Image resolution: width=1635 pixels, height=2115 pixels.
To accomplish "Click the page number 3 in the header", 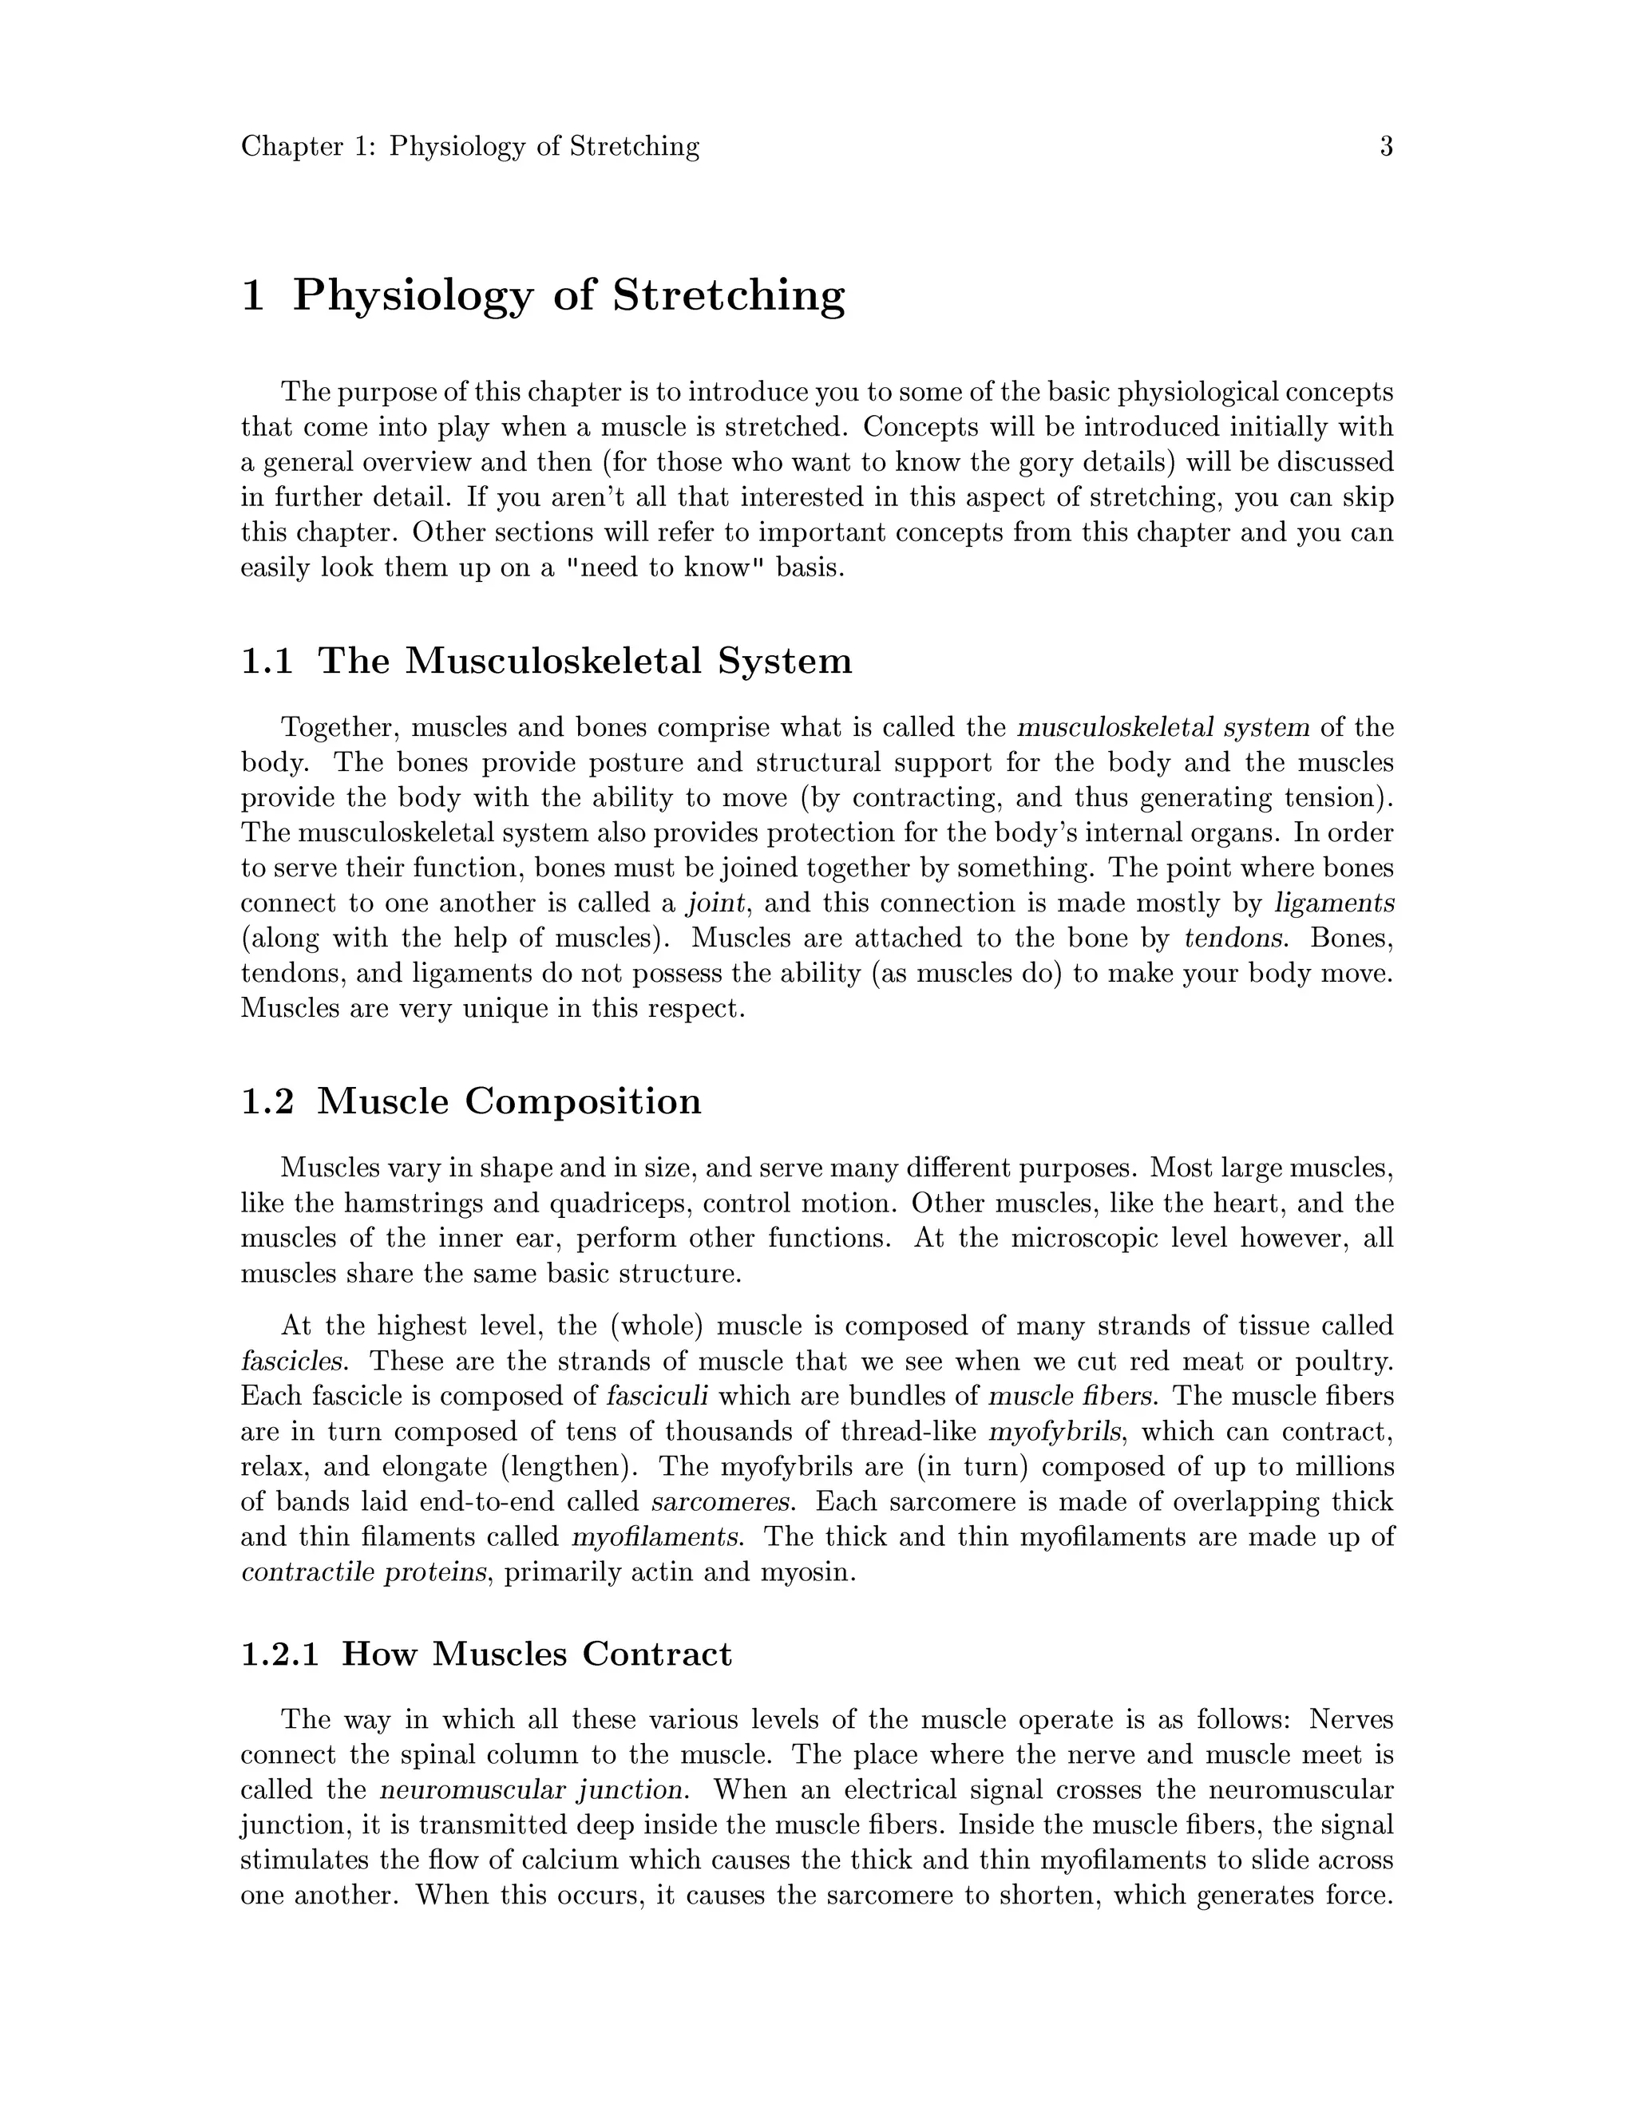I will click(x=1386, y=147).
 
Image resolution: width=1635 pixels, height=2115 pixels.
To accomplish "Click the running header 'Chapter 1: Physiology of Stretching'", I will click(x=469, y=147).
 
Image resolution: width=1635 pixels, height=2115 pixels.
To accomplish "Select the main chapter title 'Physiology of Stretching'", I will click(x=568, y=295).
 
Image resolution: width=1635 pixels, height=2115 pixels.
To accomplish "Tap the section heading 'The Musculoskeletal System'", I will click(x=585, y=662).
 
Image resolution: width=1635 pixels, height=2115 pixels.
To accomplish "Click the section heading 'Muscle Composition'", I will click(x=509, y=1101).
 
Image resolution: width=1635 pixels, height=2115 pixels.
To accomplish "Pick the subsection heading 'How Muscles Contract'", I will click(x=536, y=1653).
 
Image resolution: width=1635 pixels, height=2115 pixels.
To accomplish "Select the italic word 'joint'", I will click(x=716, y=903).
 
